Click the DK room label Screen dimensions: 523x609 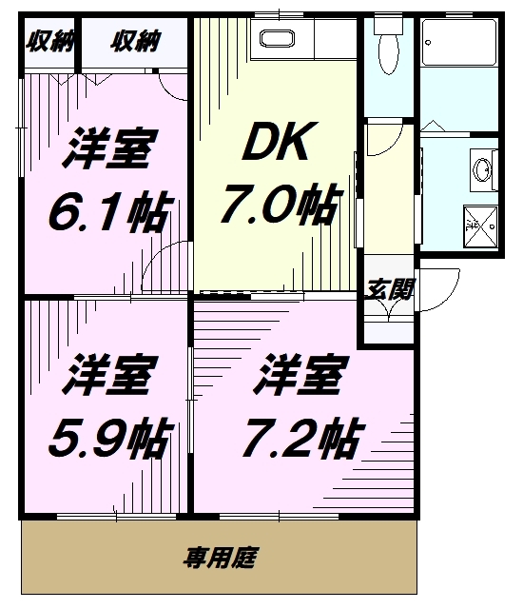[x=280, y=141]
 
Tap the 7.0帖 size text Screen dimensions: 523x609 [x=281, y=206]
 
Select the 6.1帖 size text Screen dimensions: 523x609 [x=110, y=211]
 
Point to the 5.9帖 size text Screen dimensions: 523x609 [x=110, y=437]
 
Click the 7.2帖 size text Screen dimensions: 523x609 [x=303, y=438]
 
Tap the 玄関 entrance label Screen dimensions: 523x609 [x=390, y=289]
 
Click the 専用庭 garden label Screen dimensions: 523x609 [x=221, y=558]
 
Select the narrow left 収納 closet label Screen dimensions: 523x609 [x=49, y=41]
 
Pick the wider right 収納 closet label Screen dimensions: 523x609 [x=135, y=41]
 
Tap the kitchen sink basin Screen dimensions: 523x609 [x=278, y=38]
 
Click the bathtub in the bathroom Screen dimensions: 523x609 [x=459, y=42]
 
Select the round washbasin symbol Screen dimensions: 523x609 [x=483, y=169]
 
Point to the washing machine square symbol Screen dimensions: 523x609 [x=481, y=226]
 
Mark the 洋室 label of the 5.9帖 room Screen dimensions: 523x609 [x=110, y=374]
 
